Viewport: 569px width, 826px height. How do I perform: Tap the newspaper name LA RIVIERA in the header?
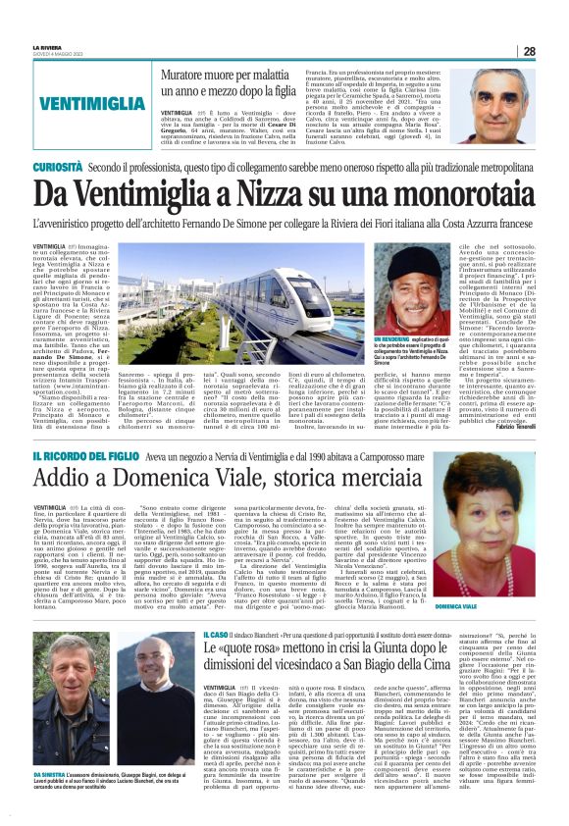[46, 47]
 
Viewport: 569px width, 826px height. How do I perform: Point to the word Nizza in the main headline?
[289, 198]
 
